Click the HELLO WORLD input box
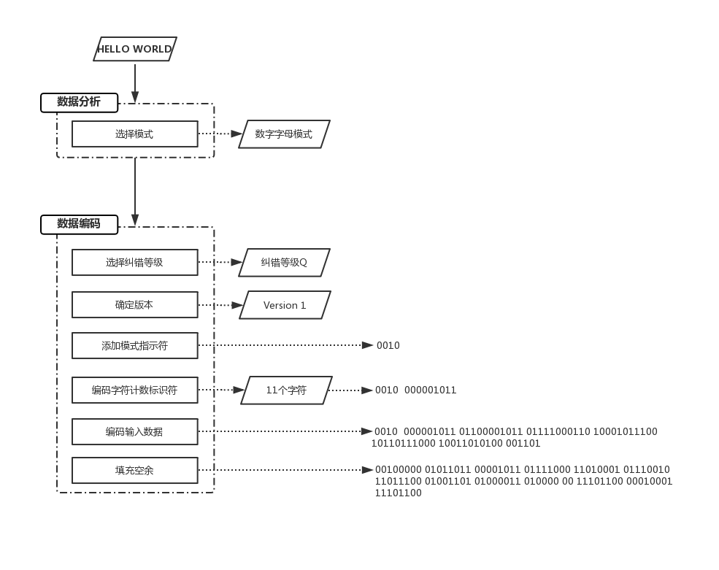click(135, 50)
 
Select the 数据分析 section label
click(79, 102)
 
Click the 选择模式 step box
click(134, 134)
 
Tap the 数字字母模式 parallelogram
click(284, 134)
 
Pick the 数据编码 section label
click(79, 224)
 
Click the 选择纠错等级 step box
click(134, 263)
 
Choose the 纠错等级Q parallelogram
click(284, 263)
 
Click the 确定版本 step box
click(134, 305)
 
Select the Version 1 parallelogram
click(285, 305)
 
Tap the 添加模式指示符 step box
click(134, 346)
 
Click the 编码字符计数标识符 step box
click(134, 390)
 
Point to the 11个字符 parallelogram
click(286, 390)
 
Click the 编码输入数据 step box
click(134, 432)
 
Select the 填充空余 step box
click(134, 471)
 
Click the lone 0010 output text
click(388, 346)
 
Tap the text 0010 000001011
click(416, 390)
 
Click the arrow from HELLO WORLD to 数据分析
click(135, 82)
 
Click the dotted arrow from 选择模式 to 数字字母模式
click(220, 134)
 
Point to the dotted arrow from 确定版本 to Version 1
click(220, 305)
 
